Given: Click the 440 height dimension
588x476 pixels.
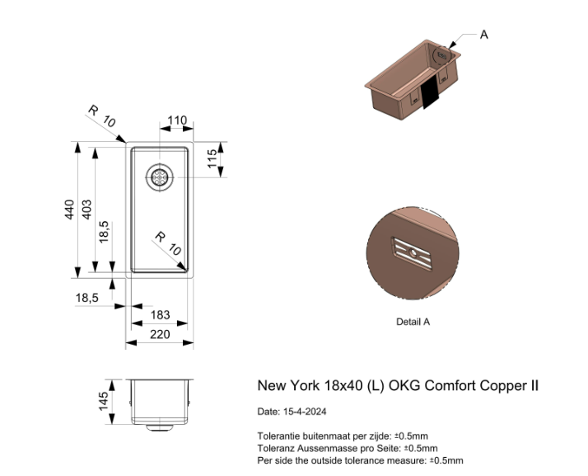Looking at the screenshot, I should pyautogui.click(x=71, y=210).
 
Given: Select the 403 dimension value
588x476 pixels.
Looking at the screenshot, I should pyautogui.click(x=87, y=210).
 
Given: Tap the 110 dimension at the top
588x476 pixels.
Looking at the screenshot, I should pyautogui.click(x=176, y=121).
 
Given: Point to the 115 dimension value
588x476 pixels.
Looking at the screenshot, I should pyautogui.click(x=212, y=158).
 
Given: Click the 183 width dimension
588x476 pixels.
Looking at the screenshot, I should pyautogui.click(x=160, y=315).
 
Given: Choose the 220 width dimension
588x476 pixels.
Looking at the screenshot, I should pyautogui.click(x=160, y=334).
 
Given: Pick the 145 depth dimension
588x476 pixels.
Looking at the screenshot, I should pyautogui.click(x=104, y=402).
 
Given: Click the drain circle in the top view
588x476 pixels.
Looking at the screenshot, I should pyautogui.click(x=160, y=176).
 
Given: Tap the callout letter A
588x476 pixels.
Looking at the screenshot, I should pyautogui.click(x=483, y=35).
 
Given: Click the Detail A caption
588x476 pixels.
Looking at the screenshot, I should pyautogui.click(x=413, y=322).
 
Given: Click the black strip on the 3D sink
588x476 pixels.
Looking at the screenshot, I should pyautogui.click(x=431, y=95).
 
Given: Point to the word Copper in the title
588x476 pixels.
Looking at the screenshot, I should pyautogui.click(x=501, y=385).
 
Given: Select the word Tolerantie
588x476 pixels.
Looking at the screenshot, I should pyautogui.click(x=278, y=436).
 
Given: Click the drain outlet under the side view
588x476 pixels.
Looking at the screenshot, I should pyautogui.click(x=160, y=428).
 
